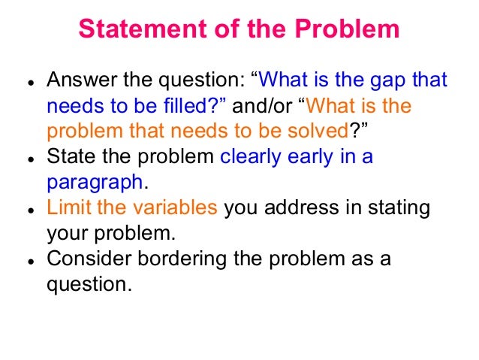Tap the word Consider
[86, 259]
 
